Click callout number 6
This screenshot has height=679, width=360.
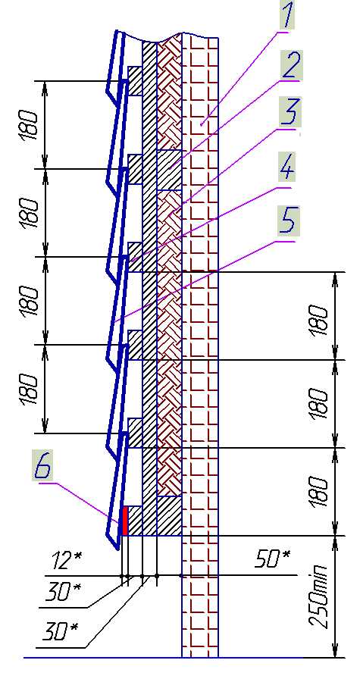point(44,465)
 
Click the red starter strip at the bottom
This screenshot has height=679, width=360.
point(125,521)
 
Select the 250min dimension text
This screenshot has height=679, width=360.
point(320,598)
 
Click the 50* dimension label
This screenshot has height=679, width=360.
point(273,559)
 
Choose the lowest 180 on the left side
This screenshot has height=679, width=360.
point(29,390)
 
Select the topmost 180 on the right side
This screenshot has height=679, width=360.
point(318,320)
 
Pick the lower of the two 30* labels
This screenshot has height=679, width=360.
point(60,632)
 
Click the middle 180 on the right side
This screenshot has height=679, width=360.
point(318,404)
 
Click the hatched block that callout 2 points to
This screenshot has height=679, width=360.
point(169,170)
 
